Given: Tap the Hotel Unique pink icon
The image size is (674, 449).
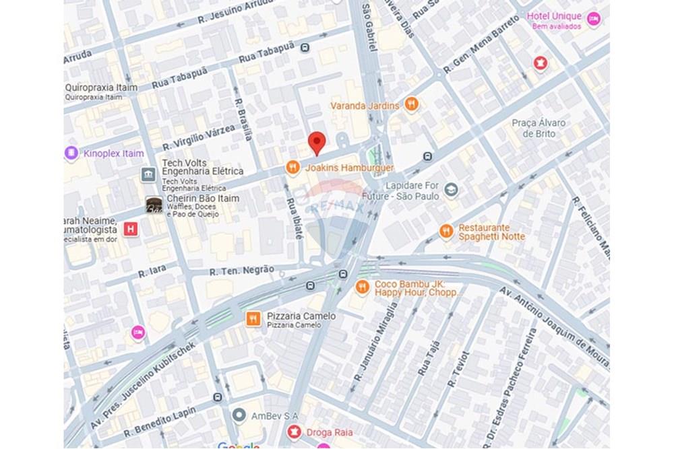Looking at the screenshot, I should coord(593,20).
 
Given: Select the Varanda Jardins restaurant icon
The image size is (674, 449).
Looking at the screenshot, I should coord(412,104).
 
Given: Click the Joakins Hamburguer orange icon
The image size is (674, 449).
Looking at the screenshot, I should coord(293,168).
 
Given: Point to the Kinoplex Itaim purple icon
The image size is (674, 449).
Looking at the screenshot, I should coord(71,153).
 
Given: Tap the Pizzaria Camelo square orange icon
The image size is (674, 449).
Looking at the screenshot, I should coord(253,318).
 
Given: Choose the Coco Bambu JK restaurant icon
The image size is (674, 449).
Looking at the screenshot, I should coord(363,287).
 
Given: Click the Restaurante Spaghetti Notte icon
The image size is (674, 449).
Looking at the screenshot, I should coord(446,232).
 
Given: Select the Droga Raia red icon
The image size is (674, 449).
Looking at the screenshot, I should coord(293,431).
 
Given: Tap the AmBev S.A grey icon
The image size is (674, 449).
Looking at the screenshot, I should coord(238,415).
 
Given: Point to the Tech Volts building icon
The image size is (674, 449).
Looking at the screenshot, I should coord(148,175).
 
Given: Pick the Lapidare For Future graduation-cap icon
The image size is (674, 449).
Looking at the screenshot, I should coord(451,191).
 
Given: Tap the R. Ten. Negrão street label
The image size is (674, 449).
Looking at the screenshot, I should coord(241,271).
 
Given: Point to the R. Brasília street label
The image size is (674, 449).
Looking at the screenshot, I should coord(243,118).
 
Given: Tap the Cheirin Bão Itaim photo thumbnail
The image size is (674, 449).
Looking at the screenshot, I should coord(154,205).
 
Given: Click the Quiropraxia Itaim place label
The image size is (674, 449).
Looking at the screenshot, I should coord(101,88).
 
